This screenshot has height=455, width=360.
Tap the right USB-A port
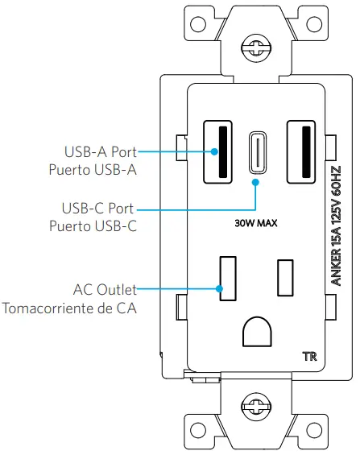click(x=302, y=151)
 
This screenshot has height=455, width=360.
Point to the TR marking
click(x=308, y=355)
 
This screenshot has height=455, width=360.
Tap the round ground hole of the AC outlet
click(x=259, y=330)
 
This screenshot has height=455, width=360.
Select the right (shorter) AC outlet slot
click(x=285, y=276)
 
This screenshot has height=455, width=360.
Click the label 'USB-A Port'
click(x=98, y=151)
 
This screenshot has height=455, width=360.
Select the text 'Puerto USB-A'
click(x=91, y=170)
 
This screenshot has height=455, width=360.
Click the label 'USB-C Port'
click(x=98, y=208)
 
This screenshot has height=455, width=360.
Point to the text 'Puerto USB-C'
click(x=91, y=226)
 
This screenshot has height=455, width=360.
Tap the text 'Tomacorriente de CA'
click(x=68, y=308)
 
